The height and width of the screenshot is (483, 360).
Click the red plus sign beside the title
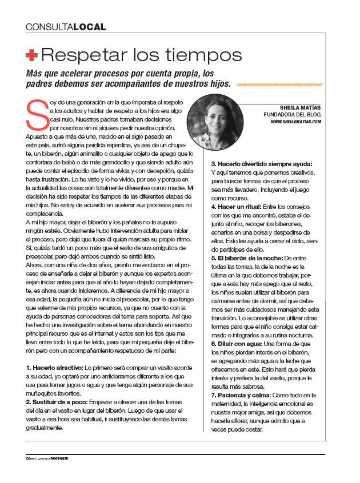tap(32, 55)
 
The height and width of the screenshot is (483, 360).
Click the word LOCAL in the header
tap(89, 27)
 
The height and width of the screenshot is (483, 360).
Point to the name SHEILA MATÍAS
tap(301, 107)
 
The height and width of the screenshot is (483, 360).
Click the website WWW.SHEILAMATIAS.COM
tap(295, 122)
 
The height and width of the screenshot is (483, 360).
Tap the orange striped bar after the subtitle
tap(278, 84)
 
